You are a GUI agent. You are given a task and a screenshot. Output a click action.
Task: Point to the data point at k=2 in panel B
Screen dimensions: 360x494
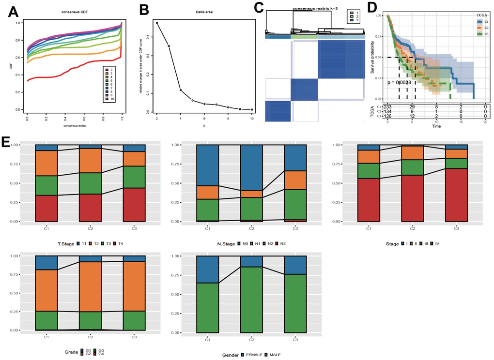click(x=157, y=23)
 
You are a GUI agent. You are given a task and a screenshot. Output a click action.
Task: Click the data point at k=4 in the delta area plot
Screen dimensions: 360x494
click(x=181, y=90)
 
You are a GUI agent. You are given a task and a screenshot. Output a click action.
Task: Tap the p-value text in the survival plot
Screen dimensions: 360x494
click(x=400, y=83)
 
